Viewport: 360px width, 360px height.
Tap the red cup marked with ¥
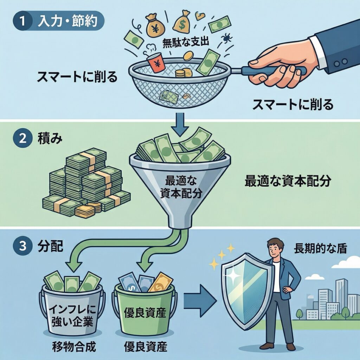pos(155,64)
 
